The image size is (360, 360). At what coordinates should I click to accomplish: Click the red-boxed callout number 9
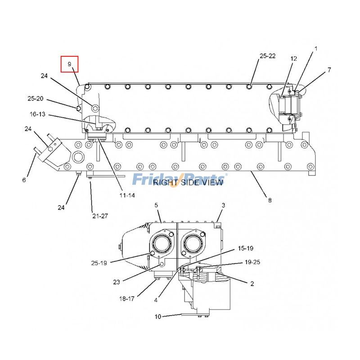click(x=70, y=64)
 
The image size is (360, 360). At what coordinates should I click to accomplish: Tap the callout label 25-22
click(x=267, y=56)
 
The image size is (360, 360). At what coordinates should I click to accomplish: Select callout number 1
click(x=315, y=48)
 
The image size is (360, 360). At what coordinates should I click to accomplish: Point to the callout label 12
click(x=293, y=59)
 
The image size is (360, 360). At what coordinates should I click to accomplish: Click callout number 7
click(x=329, y=70)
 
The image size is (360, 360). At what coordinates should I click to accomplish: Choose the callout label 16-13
click(x=38, y=115)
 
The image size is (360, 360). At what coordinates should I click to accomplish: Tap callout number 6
click(x=24, y=180)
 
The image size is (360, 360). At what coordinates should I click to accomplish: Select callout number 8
click(x=270, y=200)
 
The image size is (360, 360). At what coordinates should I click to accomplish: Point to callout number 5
click(x=156, y=205)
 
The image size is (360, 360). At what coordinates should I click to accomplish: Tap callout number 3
click(x=223, y=205)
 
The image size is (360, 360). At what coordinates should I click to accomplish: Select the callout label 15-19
click(x=246, y=248)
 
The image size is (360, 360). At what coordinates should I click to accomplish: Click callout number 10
click(x=157, y=316)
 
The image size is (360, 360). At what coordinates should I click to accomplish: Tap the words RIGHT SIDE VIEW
click(x=188, y=182)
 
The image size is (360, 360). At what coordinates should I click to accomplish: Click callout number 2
click(x=252, y=283)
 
